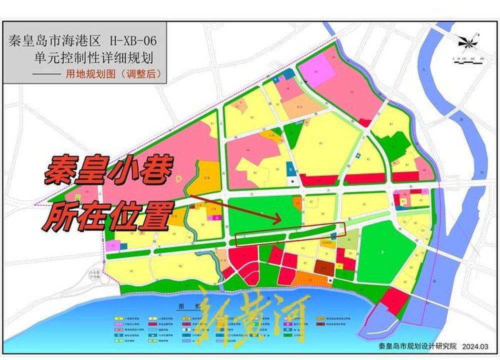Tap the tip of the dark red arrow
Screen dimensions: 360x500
pos(280,219)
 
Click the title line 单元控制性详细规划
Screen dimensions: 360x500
pos(100,57)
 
